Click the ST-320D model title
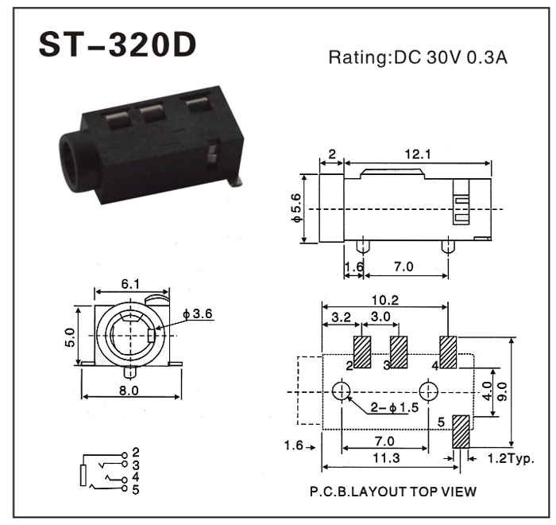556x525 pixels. (118, 45)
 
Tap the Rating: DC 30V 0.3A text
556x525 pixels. (418, 57)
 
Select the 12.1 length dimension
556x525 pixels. (417, 154)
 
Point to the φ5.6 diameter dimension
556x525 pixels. (296, 208)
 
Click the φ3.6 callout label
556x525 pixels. (198, 313)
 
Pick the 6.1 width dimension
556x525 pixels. (130, 284)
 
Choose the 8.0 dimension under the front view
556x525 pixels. (129, 391)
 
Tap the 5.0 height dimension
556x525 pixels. (70, 337)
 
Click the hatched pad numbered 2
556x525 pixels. (362, 352)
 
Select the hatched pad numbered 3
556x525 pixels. (399, 352)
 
